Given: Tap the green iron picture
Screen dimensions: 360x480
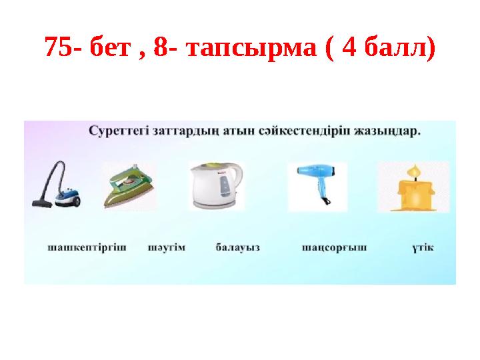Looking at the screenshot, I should [129, 186].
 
